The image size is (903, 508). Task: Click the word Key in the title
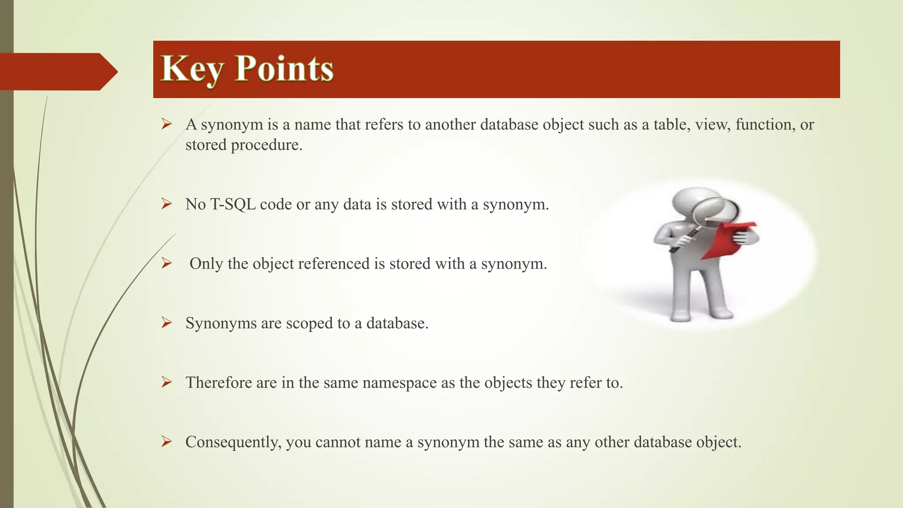194,69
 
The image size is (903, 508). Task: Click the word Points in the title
284,69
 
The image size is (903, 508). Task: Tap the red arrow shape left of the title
57,71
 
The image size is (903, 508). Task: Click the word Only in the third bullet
206,264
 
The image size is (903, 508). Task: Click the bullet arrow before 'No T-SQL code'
166,204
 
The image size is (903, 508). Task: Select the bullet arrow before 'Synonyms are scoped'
166,323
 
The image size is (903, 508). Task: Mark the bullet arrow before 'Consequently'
166,441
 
